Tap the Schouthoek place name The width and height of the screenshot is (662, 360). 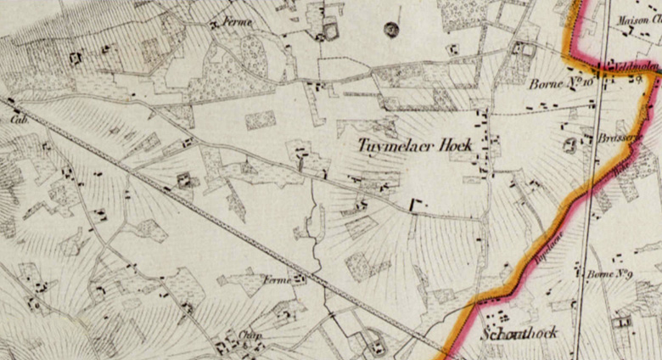tap(519, 333)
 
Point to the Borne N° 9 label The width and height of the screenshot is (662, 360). tap(606, 273)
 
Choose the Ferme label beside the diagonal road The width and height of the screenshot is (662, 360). tap(276, 278)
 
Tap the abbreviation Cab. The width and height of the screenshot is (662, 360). tap(17, 120)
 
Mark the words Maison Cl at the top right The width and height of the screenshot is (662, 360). tap(638, 20)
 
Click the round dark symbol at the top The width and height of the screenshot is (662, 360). tap(391, 31)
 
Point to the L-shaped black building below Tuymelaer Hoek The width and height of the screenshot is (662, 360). tap(417, 205)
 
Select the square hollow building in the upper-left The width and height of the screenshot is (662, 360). tap(76, 59)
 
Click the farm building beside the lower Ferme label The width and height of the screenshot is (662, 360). tap(300, 278)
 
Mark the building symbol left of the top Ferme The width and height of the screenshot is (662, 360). tap(214, 25)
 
